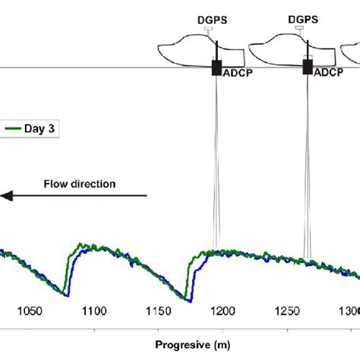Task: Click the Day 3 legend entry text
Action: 42,128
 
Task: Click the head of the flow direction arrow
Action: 5,197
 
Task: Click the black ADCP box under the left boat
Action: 215,67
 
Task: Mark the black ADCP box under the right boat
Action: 307,67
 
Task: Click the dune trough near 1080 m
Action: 65,296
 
